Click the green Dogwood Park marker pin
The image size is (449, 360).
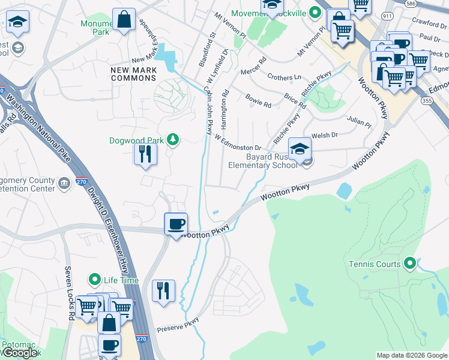pyautogui.click(x=173, y=140)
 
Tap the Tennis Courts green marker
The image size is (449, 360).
pyautogui.click(x=410, y=263)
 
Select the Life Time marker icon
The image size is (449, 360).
pyautogui.click(x=94, y=280)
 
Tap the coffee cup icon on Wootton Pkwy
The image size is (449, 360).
pyautogui.click(x=176, y=224)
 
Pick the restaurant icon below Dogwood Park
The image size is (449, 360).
pyautogui.click(x=145, y=154)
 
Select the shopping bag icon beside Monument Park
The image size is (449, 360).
pyautogui.click(x=123, y=19)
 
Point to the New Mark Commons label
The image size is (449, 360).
pyautogui.click(x=133, y=74)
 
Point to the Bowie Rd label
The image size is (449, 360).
pyautogui.click(x=259, y=100)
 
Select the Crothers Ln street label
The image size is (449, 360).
pyautogui.click(x=284, y=77)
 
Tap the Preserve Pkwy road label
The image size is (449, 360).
pyautogui.click(x=178, y=327)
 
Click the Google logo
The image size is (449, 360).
pyautogui.click(x=19, y=353)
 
